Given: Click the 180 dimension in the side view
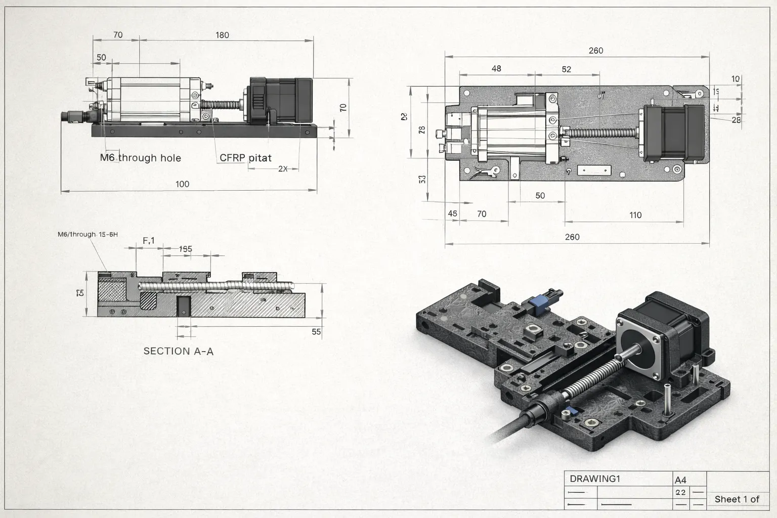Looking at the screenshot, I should (222, 35).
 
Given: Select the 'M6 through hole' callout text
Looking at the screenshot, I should (140, 158).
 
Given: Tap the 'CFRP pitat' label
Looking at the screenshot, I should (245, 158).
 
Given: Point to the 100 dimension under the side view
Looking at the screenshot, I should (182, 184).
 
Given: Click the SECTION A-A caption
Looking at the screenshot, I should (178, 351).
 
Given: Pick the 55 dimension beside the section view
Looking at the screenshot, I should (316, 332).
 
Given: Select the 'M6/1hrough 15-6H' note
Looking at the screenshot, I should (88, 234).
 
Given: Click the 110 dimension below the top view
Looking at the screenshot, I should (635, 215).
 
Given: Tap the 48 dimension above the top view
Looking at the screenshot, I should (496, 68).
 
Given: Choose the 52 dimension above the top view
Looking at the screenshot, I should (566, 69).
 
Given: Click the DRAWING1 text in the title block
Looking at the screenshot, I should (595, 479).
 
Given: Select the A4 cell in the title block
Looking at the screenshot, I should (680, 480).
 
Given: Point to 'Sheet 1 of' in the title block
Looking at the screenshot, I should (737, 499).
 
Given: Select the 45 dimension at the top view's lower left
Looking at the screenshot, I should (452, 213).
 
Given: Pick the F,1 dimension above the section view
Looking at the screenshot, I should (149, 241).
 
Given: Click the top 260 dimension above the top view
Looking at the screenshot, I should (596, 51).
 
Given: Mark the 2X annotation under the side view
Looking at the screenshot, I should (283, 169).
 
